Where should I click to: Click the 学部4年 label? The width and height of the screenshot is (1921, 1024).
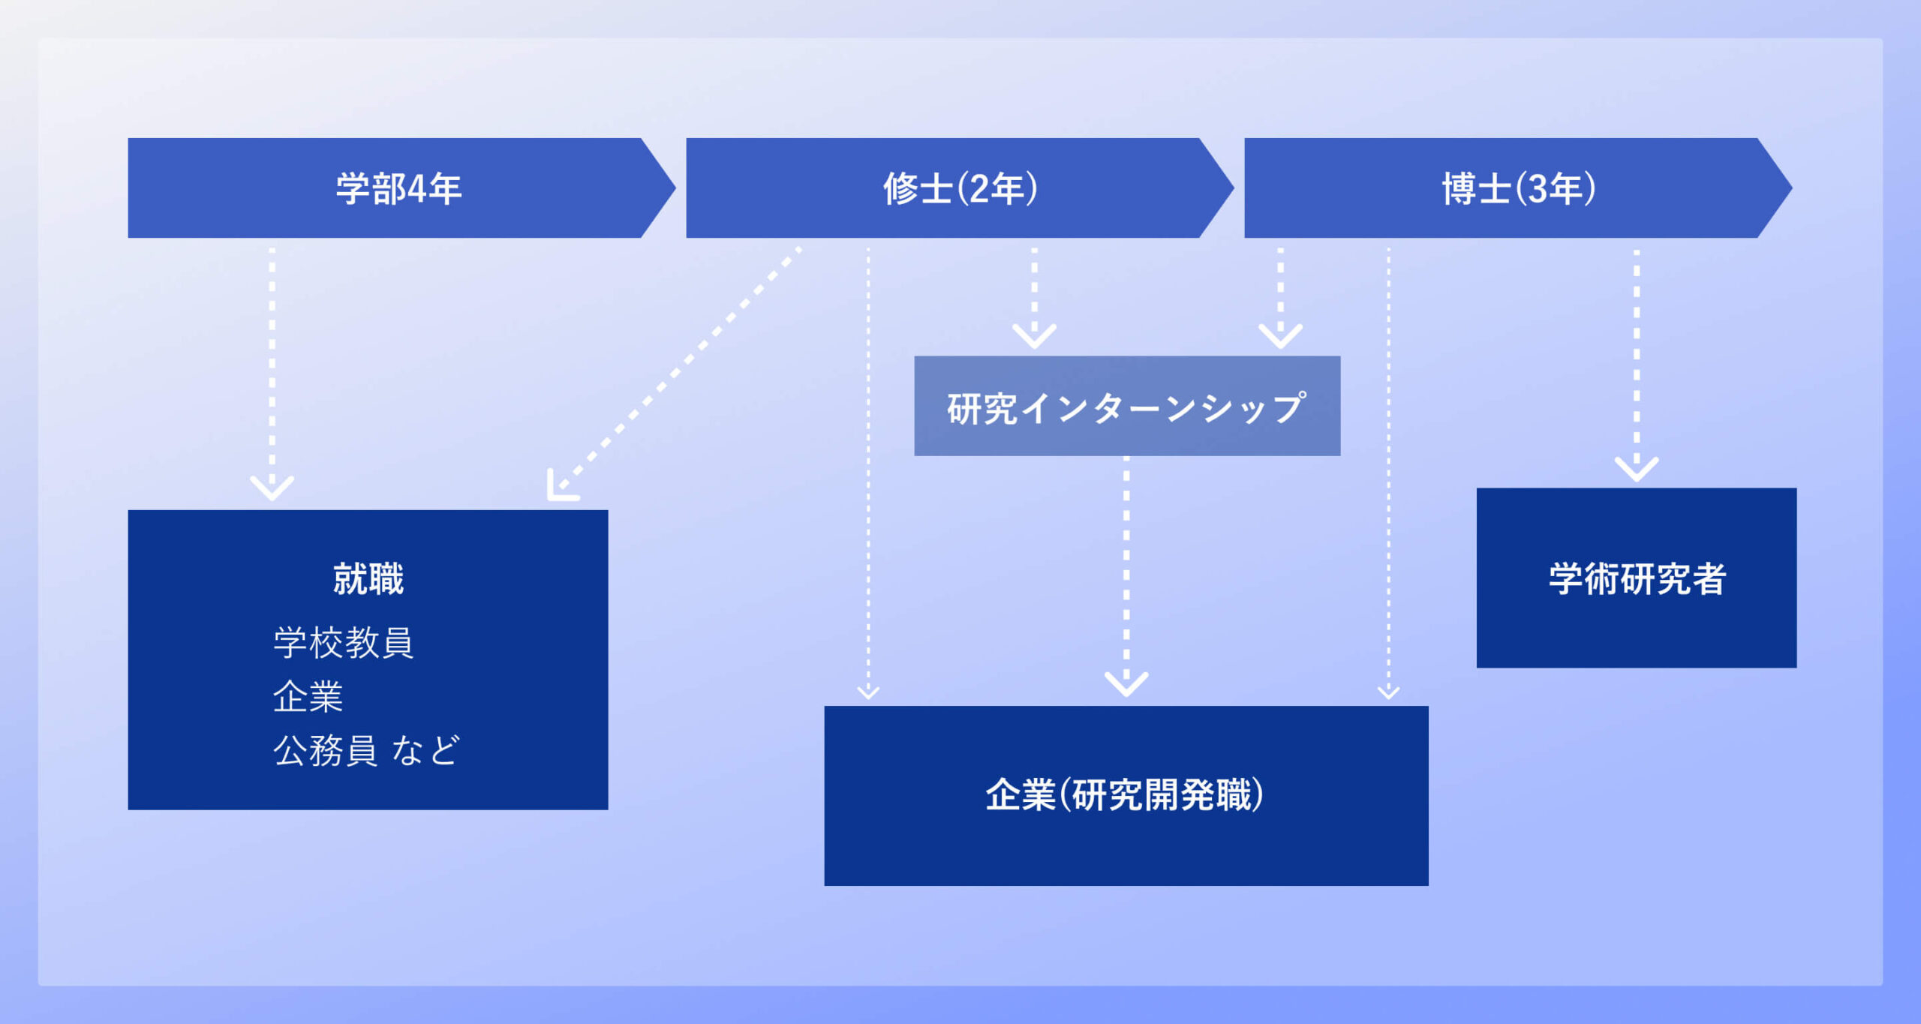pos(398,188)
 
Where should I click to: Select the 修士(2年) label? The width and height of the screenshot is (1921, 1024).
pos(960,188)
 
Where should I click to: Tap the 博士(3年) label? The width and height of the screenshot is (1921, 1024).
pos(1519,188)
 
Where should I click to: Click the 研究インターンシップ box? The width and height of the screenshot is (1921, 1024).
pos(1127,406)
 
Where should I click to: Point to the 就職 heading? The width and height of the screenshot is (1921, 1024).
pos(368,578)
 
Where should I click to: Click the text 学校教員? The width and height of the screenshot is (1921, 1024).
pos(344,642)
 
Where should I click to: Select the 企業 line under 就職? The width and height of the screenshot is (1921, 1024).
pos(308,696)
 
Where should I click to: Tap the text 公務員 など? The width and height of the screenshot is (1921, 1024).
pos(366,750)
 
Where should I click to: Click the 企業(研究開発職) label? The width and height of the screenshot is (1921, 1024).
pos(1125,795)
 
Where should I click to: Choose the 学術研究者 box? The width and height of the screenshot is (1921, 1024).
pos(1637,578)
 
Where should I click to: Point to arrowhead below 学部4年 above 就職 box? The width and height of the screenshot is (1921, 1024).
pos(272,488)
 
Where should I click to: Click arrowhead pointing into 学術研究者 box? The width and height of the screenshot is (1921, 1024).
pos(1637,469)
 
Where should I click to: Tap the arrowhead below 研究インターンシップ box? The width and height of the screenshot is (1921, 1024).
pos(1126,683)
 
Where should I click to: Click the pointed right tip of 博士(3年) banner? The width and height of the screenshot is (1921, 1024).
pos(1793,188)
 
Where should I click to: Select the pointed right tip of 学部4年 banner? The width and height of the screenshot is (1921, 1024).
pos(675,188)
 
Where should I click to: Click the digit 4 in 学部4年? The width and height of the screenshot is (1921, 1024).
pos(417,189)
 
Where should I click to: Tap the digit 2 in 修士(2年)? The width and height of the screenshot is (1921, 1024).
pos(980,189)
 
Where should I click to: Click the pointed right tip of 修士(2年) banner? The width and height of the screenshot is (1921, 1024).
pos(1234,188)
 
